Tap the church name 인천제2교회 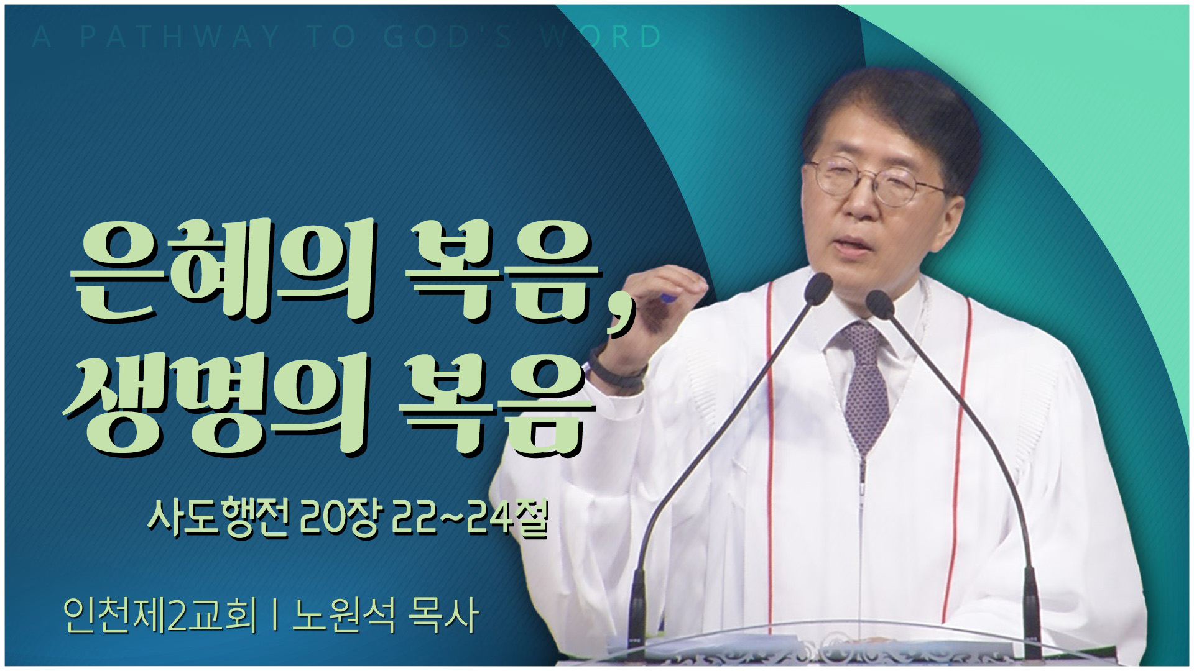tap(160, 615)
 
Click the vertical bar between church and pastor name tap(274, 616)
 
